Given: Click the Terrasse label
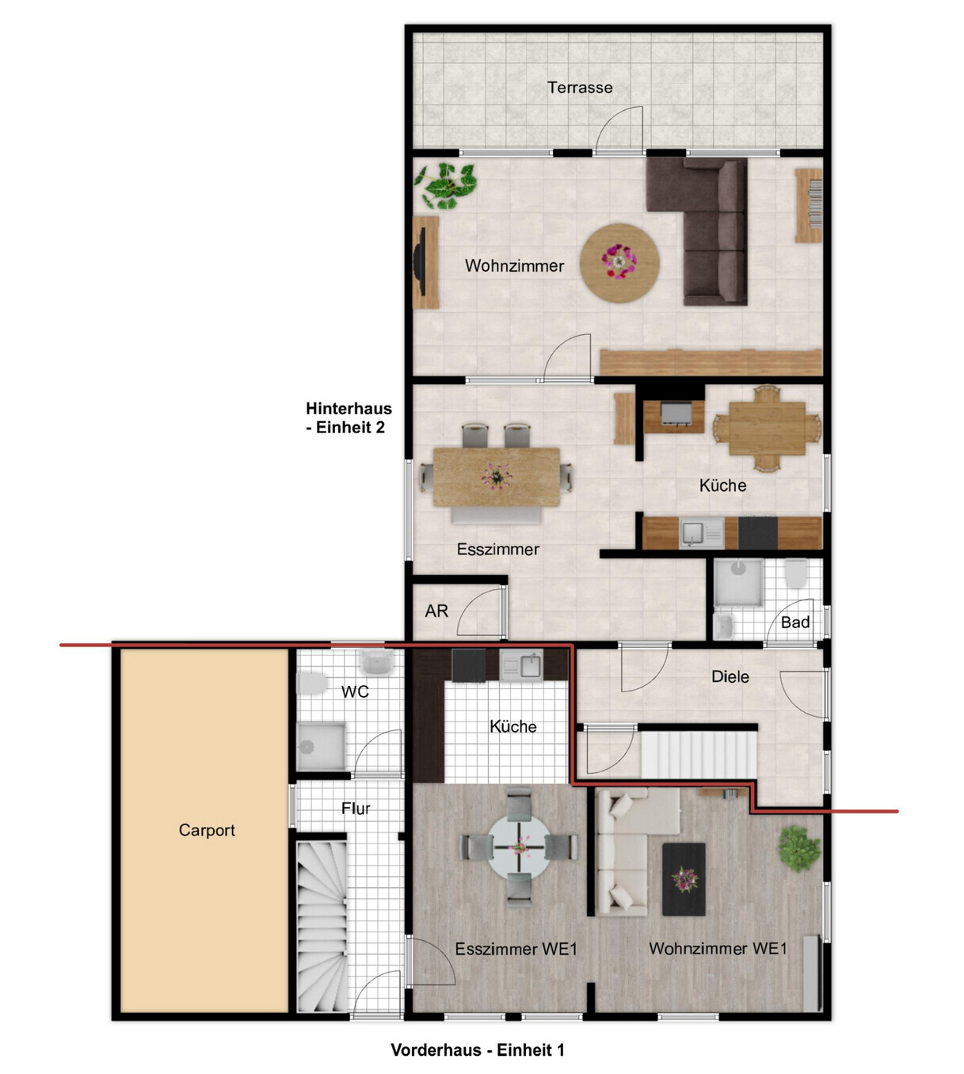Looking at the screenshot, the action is pos(580,87).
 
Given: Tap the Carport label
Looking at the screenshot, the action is pos(206,829).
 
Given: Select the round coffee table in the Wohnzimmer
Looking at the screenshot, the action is pos(619,263).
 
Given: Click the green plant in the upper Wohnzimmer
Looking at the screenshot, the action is pos(445,185).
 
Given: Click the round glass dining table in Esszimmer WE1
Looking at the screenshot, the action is pos(520,847).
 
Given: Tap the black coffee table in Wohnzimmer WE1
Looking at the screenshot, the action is pos(684,879).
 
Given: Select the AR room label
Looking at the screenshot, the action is pos(436,611).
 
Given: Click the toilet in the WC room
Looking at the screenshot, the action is pos(313,684).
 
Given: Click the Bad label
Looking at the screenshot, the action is pos(794,623).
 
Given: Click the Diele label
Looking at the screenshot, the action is pos(730,676).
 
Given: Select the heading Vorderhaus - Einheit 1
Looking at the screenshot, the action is pos(478,1050).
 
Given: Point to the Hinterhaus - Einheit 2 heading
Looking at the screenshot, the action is pos(349,417).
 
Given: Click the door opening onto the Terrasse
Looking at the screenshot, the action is pos(619,130).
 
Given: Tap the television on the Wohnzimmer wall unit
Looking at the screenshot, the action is pos(420,261).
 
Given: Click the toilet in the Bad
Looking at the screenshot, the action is pos(796,573).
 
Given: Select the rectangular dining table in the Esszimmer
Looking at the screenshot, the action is pos(497,477).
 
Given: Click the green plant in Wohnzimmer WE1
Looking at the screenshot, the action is pos(798,848).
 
